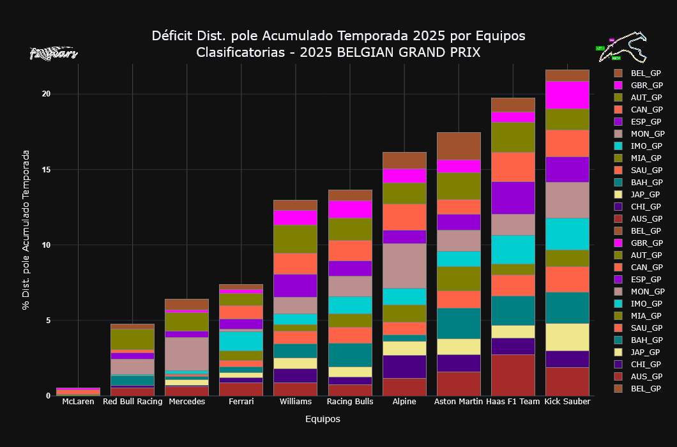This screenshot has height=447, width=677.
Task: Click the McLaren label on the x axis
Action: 78,402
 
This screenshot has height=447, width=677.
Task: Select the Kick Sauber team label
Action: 567,402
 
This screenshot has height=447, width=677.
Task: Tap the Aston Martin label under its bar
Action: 459,402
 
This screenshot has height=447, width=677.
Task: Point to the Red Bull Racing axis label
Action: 132,402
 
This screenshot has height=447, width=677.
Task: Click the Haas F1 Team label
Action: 513,402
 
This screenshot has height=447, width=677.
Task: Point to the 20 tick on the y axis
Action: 46,94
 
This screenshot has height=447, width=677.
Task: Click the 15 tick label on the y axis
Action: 46,169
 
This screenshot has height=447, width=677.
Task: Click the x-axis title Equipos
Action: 323,420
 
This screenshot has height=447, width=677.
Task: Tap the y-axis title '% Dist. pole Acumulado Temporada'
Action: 26,230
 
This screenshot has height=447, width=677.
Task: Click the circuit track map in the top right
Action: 622,48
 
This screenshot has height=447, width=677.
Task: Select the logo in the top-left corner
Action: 54,54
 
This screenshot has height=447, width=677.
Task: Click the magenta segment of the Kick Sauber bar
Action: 567,95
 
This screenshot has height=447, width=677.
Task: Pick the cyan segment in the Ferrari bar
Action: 241,341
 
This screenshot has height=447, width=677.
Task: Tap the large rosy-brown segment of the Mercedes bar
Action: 186,354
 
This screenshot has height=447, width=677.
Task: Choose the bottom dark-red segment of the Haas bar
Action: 513,375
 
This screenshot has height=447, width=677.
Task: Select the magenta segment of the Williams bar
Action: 295,217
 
